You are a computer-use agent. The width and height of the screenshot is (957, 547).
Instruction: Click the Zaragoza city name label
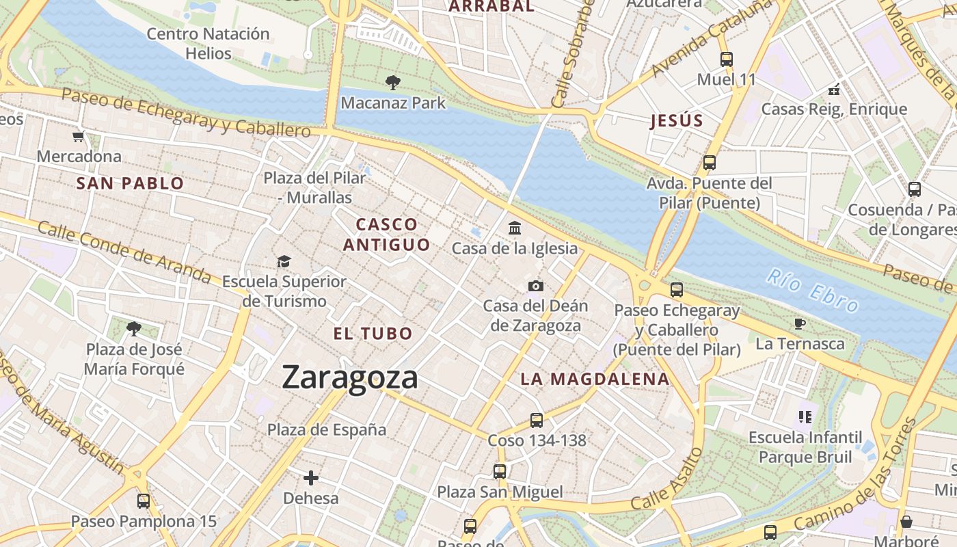(349, 377)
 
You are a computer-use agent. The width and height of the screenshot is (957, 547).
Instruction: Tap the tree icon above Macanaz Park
(393, 83)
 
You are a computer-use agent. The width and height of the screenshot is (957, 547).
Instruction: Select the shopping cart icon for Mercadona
(79, 136)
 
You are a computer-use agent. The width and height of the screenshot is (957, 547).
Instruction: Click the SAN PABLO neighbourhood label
(130, 183)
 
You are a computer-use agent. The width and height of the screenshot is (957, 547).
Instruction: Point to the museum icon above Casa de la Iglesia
(515, 228)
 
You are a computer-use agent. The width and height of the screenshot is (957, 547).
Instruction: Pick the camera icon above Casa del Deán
(535, 285)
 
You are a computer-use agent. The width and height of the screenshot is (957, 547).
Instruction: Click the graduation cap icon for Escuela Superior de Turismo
(284, 261)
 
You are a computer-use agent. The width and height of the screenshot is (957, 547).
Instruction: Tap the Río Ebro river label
(812, 290)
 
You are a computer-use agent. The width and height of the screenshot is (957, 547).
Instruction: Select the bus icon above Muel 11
(726, 59)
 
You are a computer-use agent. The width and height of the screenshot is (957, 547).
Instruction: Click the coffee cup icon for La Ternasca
(799, 323)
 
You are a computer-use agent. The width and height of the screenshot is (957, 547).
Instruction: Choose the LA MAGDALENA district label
(595, 379)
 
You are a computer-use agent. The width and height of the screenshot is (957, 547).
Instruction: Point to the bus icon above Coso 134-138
(537, 420)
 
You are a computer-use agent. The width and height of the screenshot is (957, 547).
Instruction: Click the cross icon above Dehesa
(311, 477)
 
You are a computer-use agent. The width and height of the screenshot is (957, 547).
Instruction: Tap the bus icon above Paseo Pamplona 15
(144, 501)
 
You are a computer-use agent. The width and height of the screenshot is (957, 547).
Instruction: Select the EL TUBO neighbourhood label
(373, 334)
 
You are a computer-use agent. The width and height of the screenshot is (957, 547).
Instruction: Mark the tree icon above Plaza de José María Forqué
(134, 329)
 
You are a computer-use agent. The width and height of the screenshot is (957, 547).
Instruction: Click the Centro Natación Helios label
(208, 43)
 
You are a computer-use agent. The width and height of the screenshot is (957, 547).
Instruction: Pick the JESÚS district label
(677, 121)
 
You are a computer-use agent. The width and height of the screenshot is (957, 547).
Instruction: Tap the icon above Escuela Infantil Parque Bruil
(805, 416)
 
